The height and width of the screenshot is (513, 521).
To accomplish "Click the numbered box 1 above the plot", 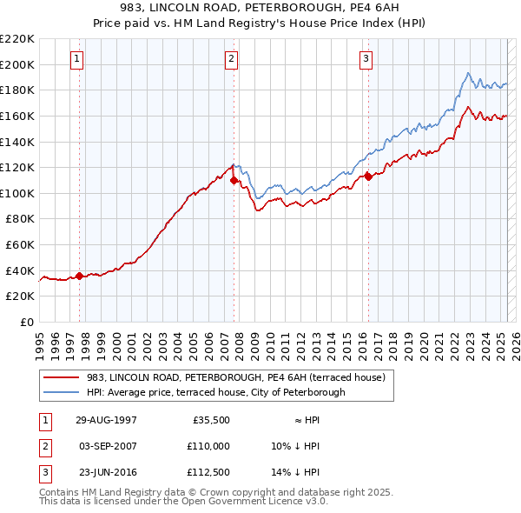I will click(x=77, y=59).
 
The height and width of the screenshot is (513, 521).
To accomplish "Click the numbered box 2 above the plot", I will click(x=232, y=59).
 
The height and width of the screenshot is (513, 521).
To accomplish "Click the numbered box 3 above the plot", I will click(x=366, y=59).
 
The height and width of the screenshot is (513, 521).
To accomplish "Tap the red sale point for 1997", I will click(x=79, y=276).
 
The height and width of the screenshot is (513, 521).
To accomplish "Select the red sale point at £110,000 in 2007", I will click(x=234, y=180).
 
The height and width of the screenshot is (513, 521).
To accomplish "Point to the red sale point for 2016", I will click(x=368, y=177).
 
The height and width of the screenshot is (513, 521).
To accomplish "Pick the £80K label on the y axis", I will click(x=20, y=219).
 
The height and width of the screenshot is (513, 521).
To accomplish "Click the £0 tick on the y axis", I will click(x=27, y=322).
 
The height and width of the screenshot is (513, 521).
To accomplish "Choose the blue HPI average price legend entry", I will click(x=215, y=392).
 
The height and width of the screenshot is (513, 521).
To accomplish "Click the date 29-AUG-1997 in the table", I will click(x=106, y=418).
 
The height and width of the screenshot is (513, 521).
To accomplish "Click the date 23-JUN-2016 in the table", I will click(x=106, y=472).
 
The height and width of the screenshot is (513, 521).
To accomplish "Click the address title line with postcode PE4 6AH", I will click(x=260, y=7).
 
